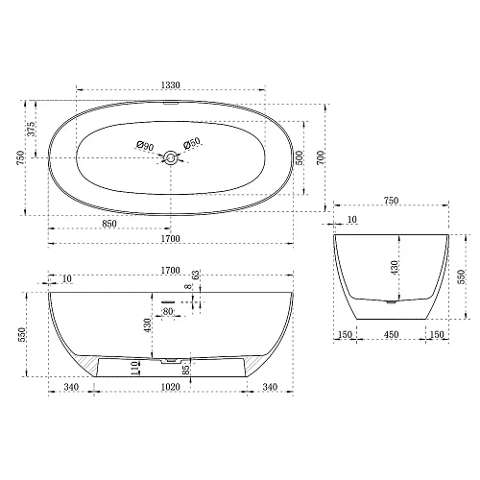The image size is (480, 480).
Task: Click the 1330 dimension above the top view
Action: pos(171,85)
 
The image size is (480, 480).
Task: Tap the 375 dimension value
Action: pos(31,129)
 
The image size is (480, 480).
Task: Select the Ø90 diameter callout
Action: pos(145,146)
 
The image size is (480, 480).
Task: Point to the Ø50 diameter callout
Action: pos(192,143)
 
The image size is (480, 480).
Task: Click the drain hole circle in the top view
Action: pos(171,157)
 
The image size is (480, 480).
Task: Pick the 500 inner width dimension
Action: pos(300,157)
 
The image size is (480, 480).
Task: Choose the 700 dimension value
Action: pos(321,157)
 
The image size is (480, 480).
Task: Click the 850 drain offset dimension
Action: pos(109,224)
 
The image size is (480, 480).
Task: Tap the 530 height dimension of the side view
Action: pos(22,334)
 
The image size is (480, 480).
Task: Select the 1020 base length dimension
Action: pos(170,387)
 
